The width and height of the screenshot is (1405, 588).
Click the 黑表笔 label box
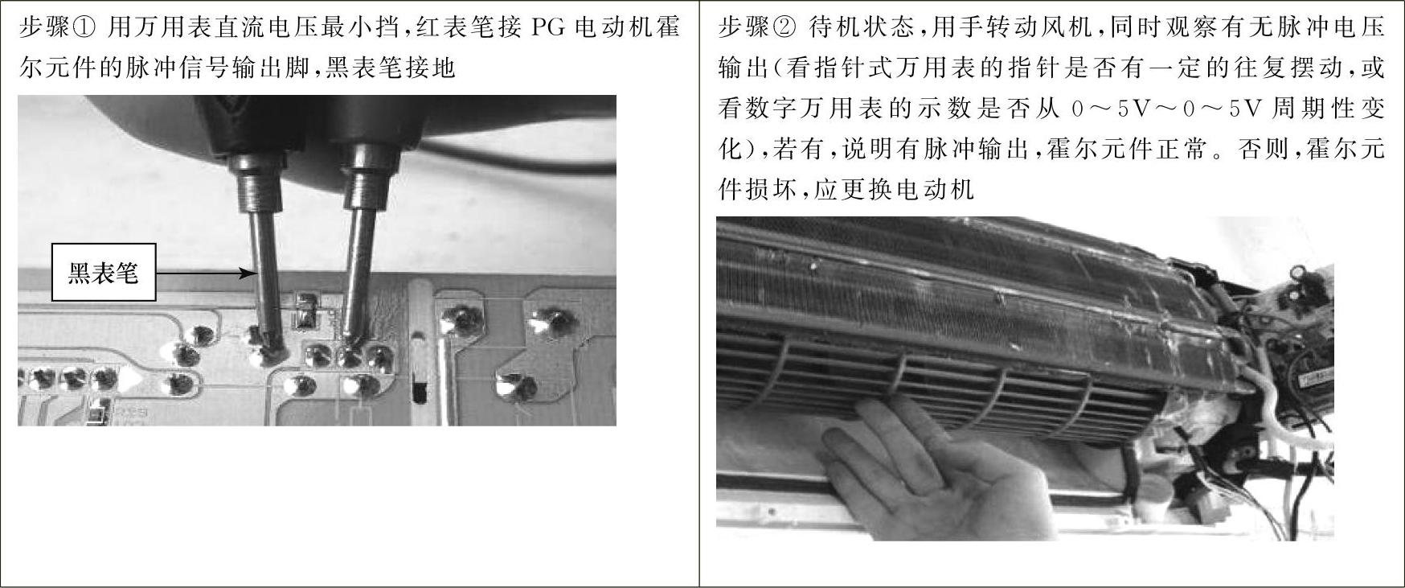(103, 272)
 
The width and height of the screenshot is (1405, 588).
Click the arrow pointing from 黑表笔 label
(205, 273)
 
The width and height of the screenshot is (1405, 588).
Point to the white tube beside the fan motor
(1278, 410)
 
